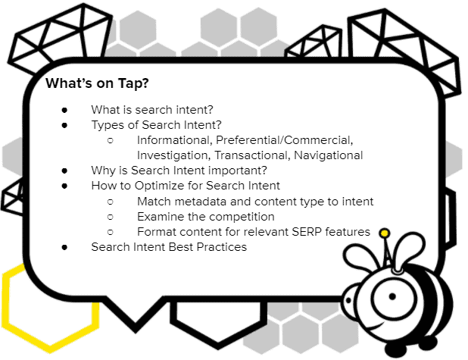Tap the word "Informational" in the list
tap(172, 140)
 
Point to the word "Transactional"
tap(246, 155)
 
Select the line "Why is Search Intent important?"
tap(179, 171)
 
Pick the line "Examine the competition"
tap(206, 217)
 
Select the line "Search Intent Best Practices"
tap(169, 247)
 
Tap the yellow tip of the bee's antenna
tap(385, 232)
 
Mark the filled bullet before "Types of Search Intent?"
tap(66, 125)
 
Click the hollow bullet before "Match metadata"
tap(111, 202)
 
